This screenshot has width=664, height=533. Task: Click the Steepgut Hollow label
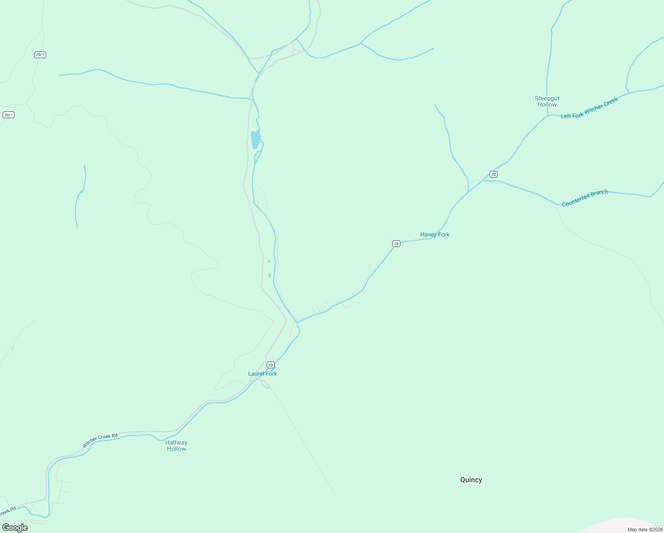pyautogui.click(x=547, y=102)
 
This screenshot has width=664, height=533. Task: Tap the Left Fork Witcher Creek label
pyautogui.click(x=589, y=108)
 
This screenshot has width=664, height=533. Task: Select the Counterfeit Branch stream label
pyautogui.click(x=585, y=198)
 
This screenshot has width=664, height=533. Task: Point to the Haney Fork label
pyautogui.click(x=435, y=235)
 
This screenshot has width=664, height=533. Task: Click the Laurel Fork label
pyautogui.click(x=262, y=374)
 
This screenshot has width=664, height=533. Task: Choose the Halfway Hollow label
pyautogui.click(x=176, y=445)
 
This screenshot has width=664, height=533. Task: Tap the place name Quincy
pyautogui.click(x=471, y=480)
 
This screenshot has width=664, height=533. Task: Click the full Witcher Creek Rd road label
pyautogui.click(x=100, y=440)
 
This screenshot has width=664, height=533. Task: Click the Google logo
pyautogui.click(x=15, y=528)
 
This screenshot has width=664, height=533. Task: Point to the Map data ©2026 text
pyautogui.click(x=645, y=529)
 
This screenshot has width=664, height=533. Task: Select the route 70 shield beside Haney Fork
pyautogui.click(x=396, y=243)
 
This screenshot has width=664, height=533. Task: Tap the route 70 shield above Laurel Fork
pyautogui.click(x=271, y=365)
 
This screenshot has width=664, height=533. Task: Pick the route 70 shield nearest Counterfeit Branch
pyautogui.click(x=494, y=174)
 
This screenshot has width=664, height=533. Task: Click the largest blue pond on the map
pyautogui.click(x=256, y=139)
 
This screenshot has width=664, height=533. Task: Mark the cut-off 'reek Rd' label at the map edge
pyautogui.click(x=8, y=511)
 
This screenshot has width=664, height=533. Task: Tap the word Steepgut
pyautogui.click(x=547, y=99)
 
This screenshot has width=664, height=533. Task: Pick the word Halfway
pyautogui.click(x=176, y=442)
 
